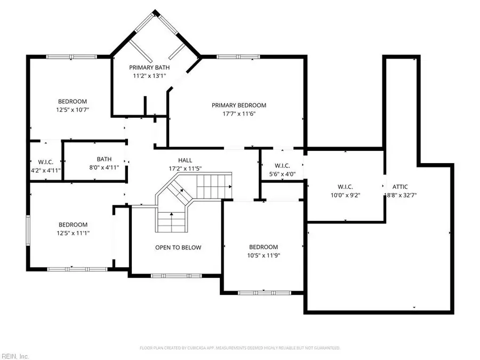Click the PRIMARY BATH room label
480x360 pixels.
(149, 67)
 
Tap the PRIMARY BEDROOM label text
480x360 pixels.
(238, 105)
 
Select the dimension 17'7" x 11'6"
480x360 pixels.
(238, 114)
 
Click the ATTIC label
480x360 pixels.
(400, 187)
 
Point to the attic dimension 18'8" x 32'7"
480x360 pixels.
(400, 195)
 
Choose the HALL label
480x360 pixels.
(185, 160)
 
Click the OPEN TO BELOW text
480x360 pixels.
(178, 247)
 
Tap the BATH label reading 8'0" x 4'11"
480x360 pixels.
(104, 159)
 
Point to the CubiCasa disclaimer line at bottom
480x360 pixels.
(240, 348)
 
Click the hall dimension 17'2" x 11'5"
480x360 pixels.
(185, 169)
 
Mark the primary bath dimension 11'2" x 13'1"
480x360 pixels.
(149, 76)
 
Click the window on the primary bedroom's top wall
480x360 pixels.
(238, 57)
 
